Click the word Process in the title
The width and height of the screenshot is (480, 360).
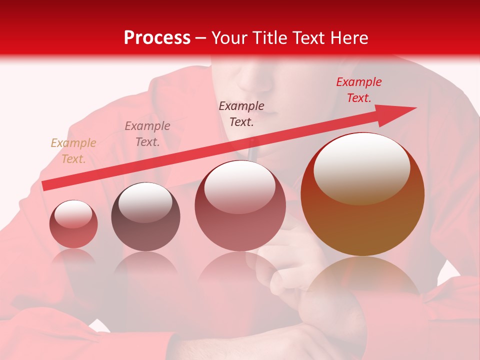pyautogui.click(x=157, y=37)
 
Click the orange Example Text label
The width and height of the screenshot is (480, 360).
pyautogui.click(x=73, y=151)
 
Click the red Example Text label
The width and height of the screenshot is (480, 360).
pyautogui.click(x=358, y=90)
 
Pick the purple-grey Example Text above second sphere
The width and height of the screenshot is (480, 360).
pyautogui.click(x=147, y=134)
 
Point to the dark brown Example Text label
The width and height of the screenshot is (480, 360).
pyautogui.click(x=241, y=113)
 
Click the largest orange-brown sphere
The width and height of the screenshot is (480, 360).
pyautogui.click(x=362, y=200)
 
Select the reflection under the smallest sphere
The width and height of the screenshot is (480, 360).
pyautogui.click(x=73, y=257)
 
